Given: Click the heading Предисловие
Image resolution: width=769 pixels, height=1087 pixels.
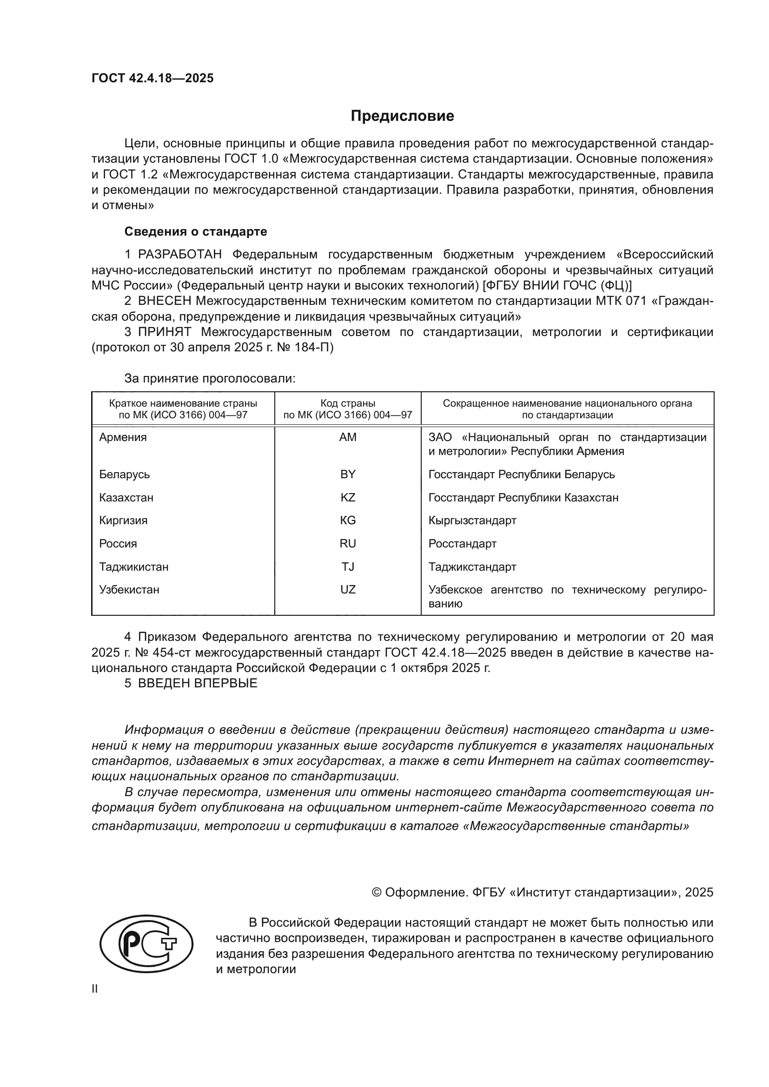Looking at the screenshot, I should [x=402, y=116].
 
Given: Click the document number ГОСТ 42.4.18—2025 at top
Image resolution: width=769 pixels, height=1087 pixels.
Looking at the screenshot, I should [x=152, y=78].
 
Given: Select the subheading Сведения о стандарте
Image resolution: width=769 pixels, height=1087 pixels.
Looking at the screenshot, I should [x=196, y=231].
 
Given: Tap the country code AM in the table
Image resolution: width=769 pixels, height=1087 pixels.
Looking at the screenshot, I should [x=348, y=437].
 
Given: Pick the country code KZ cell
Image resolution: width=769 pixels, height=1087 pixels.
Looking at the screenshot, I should [x=348, y=498].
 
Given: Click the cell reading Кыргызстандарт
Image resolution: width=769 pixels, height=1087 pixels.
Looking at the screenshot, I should [x=472, y=520].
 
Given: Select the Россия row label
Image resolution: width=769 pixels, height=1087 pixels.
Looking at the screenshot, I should [x=118, y=544].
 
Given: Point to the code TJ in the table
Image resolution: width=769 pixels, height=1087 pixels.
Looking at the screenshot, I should [x=348, y=567].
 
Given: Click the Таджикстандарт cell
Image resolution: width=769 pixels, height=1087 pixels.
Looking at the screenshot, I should [x=472, y=567].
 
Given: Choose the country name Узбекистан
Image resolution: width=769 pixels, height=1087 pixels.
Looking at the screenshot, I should [x=129, y=589].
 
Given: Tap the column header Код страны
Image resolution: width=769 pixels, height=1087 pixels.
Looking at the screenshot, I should [x=348, y=403].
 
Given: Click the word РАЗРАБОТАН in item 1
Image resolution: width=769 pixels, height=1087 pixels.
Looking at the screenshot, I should [x=179, y=255].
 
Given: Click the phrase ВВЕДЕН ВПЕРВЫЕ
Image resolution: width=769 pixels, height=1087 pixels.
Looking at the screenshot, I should [x=198, y=683].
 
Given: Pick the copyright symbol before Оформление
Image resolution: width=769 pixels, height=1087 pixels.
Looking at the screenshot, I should [x=377, y=892].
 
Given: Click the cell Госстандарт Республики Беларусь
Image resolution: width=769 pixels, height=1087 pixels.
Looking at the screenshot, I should [x=521, y=474].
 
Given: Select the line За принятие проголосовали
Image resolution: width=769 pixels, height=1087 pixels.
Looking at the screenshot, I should [x=210, y=378].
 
